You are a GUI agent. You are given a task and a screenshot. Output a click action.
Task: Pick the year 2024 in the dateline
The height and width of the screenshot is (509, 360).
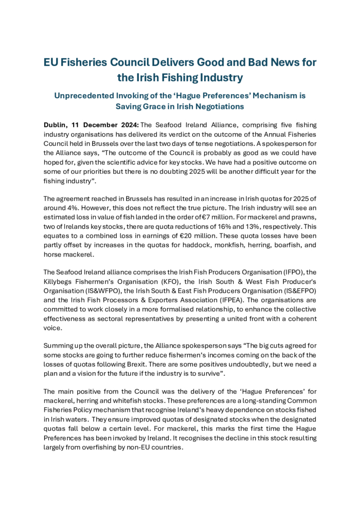pos(125,124)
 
